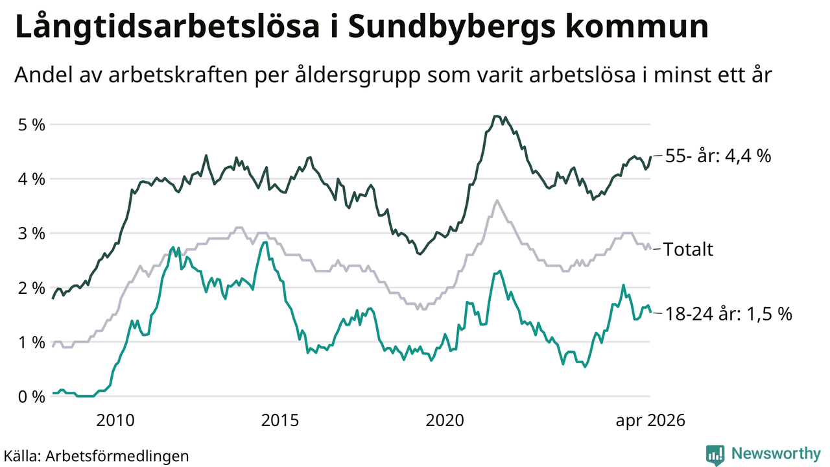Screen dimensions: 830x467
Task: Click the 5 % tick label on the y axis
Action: point(32,125)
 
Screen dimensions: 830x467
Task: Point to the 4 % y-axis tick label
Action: point(32,180)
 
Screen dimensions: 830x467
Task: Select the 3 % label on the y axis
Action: point(32,234)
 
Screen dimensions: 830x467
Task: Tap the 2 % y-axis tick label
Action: point(32,288)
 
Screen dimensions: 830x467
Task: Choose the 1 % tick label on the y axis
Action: point(32,342)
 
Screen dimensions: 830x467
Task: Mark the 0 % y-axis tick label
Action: point(32,397)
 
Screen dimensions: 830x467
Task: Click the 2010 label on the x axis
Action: point(115,421)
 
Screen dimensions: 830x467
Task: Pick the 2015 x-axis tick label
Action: point(279,421)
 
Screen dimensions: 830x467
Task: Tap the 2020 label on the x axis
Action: point(445,421)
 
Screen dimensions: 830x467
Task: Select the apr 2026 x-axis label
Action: point(650,421)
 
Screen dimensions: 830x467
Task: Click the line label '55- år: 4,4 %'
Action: point(718,156)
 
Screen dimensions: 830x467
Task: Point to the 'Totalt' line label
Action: point(688,249)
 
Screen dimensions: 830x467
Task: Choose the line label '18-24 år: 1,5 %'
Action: point(728,314)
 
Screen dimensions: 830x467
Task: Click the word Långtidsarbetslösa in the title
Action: point(167,27)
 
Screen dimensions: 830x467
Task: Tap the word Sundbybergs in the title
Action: point(452,27)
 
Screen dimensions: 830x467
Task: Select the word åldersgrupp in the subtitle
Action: point(358,75)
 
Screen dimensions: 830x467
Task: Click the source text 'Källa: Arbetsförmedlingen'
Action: point(97,455)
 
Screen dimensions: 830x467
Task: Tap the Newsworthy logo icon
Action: point(715,455)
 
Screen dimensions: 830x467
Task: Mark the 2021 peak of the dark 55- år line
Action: point(496,116)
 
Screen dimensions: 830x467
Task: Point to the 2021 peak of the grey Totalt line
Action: point(497,200)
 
